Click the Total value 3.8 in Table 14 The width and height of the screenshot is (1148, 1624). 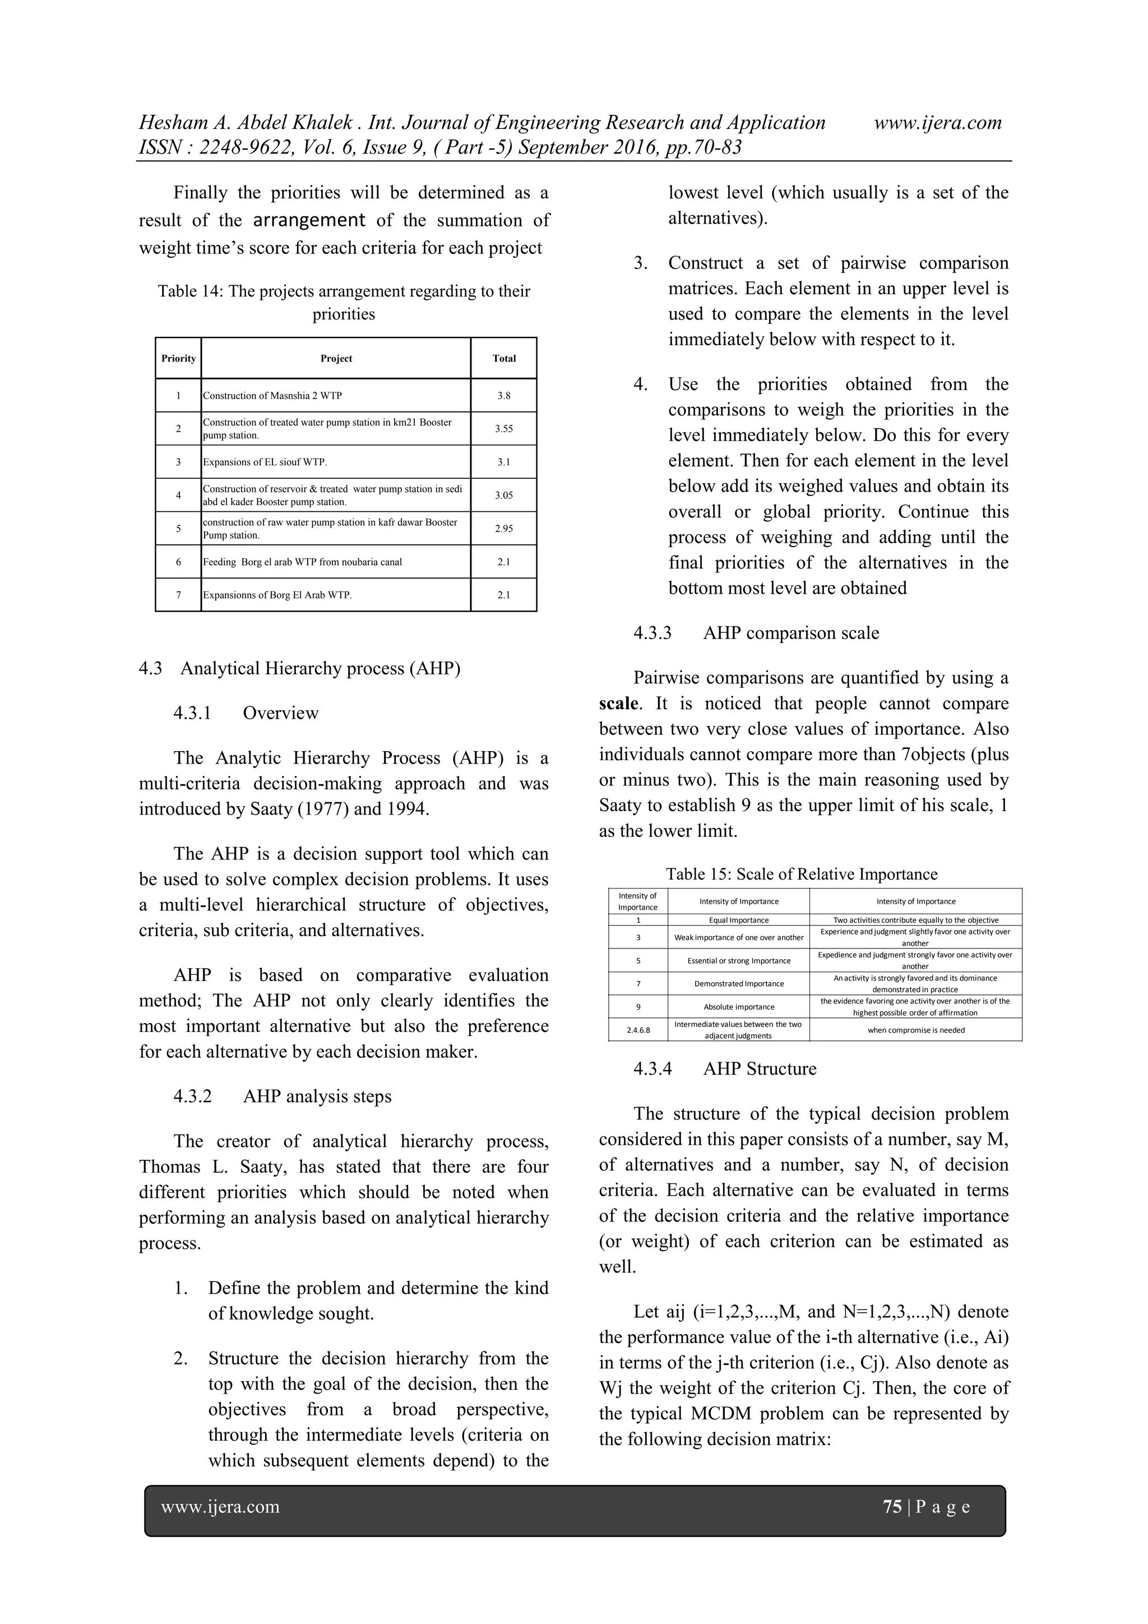click(503, 395)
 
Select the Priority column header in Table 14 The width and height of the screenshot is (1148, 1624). click(178, 359)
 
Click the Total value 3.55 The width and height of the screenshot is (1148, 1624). click(503, 429)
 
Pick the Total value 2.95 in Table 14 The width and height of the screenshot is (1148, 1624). click(503, 529)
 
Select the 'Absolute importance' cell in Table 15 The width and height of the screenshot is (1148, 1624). click(738, 1006)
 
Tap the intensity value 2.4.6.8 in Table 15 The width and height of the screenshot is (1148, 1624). click(638, 1030)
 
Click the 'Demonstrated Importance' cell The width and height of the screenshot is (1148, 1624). click(738, 984)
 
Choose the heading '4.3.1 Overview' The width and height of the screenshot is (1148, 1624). click(246, 713)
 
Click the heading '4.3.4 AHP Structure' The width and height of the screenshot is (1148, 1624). click(725, 1069)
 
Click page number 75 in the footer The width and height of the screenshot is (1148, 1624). click(892, 1507)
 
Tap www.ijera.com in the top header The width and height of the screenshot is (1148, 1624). click(938, 123)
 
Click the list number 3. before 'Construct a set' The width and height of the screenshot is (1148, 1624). click(640, 263)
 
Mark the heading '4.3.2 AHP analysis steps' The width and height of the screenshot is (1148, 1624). click(282, 1096)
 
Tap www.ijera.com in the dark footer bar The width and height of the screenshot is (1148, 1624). click(220, 1507)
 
